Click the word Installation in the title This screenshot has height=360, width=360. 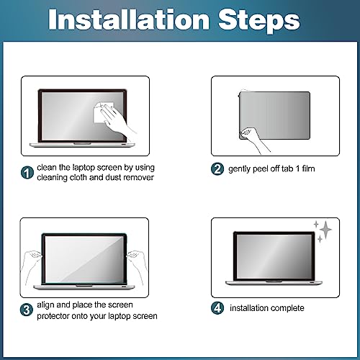point(129,19)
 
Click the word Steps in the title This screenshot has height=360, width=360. point(259,21)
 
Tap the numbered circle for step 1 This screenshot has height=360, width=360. point(27,173)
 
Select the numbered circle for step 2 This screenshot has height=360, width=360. point(217,169)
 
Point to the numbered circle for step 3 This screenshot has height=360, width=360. point(27,310)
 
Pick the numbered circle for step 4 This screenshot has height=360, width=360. point(217,308)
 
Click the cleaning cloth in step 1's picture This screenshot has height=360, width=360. point(103,112)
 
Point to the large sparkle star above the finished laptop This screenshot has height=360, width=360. point(326,230)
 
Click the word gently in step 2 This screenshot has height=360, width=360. point(239,169)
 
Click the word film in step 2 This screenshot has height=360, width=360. point(308,168)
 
